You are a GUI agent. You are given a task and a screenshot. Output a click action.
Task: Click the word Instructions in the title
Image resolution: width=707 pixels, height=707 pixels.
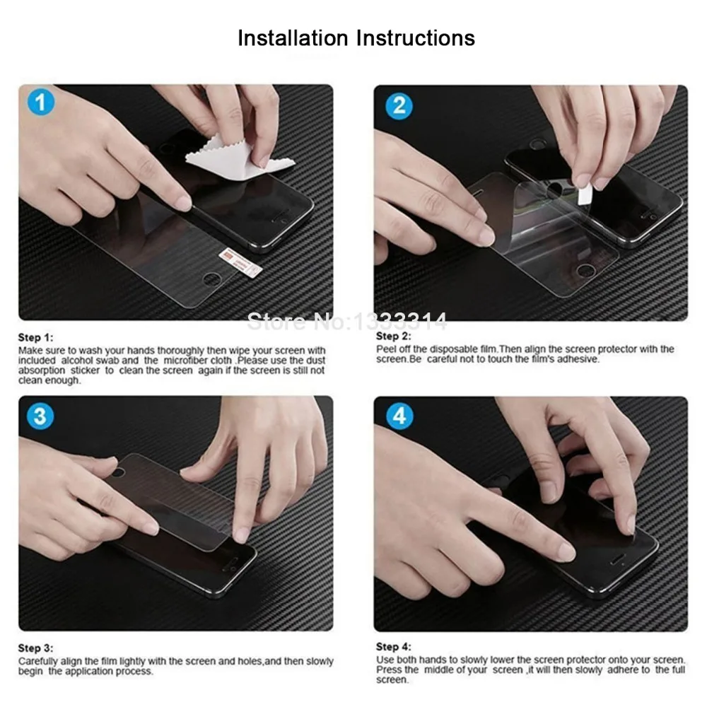pos(415,38)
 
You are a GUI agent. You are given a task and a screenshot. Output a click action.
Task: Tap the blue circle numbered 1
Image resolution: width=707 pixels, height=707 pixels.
pos(40,102)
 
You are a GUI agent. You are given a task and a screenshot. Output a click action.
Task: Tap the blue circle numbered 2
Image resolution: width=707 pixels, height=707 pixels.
pos(399,106)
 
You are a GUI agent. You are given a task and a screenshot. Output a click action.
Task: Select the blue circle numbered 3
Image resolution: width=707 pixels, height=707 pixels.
pos(40,416)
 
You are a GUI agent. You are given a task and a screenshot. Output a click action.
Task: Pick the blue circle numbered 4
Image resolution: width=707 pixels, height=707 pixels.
pos(399,416)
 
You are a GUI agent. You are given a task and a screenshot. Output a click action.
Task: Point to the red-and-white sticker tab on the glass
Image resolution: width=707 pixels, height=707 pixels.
pos(240,262)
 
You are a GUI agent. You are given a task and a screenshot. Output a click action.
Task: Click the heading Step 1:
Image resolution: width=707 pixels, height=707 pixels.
pos(35,337)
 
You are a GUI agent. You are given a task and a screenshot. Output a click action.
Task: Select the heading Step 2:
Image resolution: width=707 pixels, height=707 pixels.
pos(394,336)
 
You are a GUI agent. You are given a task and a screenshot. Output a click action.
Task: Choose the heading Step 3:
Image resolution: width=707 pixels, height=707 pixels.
pos(35,648)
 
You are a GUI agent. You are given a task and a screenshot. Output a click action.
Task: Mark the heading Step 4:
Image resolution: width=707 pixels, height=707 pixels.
pos(394,647)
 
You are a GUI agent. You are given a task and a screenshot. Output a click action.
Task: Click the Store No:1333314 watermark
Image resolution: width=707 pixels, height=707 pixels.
pos(347,322)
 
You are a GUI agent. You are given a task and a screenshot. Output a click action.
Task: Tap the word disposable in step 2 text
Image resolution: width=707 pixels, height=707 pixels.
pos(452,349)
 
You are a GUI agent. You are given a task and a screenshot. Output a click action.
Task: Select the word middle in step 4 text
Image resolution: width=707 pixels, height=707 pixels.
pos(439,670)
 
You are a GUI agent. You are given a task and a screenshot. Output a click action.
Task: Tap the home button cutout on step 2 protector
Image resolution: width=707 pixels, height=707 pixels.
pos(585,271)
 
